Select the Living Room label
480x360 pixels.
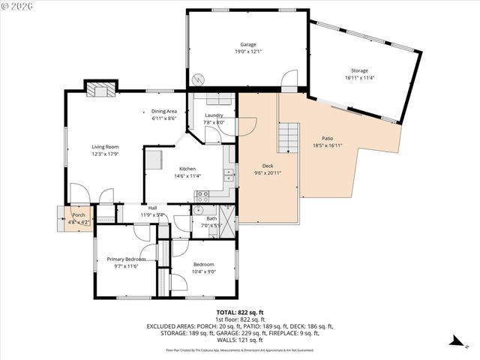(106, 147)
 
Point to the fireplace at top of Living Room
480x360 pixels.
(100, 90)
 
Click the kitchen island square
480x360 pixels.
(154, 160)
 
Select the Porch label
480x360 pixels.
(79, 215)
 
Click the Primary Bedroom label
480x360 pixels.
(125, 259)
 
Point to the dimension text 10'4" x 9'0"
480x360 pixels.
(204, 271)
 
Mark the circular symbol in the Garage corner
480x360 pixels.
(199, 78)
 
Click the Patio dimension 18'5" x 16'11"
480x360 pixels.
(328, 145)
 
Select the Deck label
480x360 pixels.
(267, 166)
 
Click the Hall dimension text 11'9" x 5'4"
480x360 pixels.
(152, 215)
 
